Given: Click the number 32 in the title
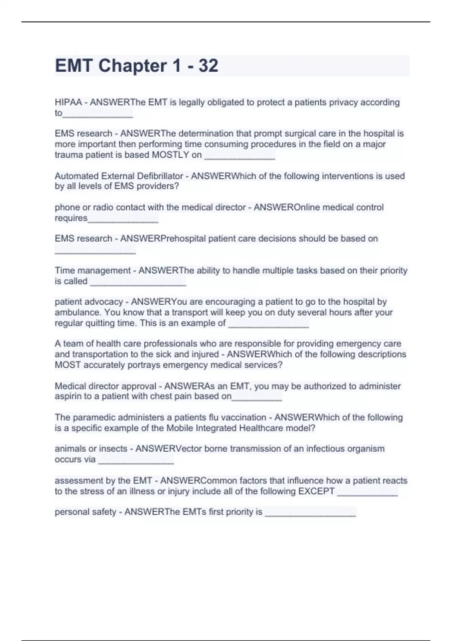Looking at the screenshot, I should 208,66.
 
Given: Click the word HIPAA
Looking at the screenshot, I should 68,102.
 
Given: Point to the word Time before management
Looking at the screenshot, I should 64,270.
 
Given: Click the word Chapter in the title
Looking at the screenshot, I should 133,66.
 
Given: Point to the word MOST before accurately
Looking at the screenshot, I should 68,365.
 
